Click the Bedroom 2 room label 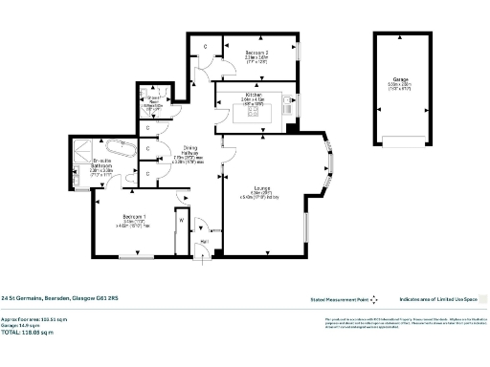256,53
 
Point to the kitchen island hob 254,112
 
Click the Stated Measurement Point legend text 336,298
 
